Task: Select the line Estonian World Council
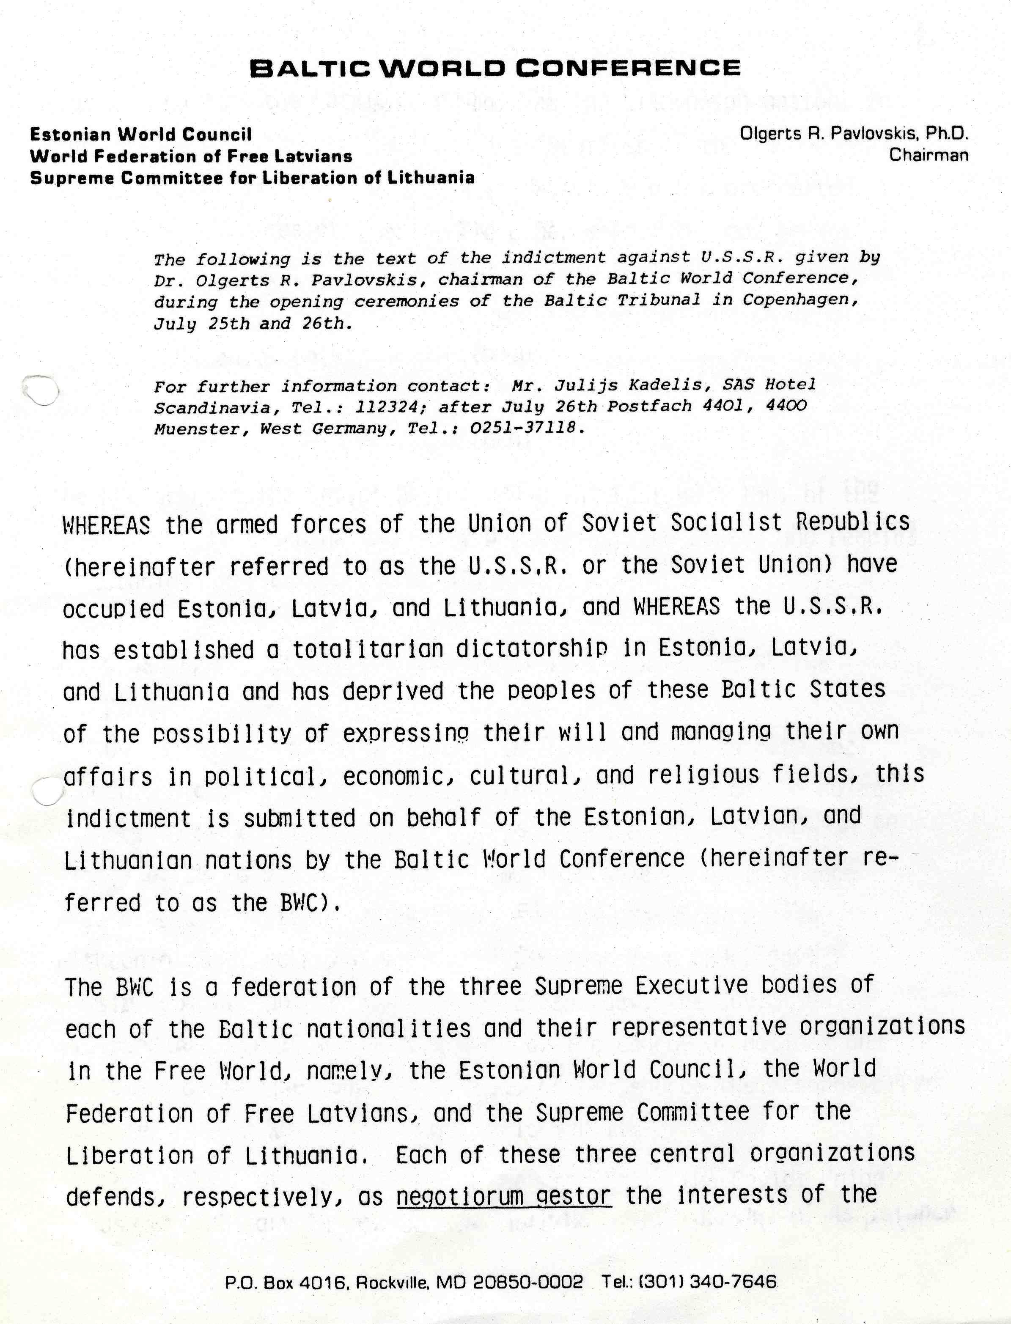click(141, 134)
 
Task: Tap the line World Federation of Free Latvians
click(191, 157)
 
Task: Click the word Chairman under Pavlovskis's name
click(929, 155)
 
